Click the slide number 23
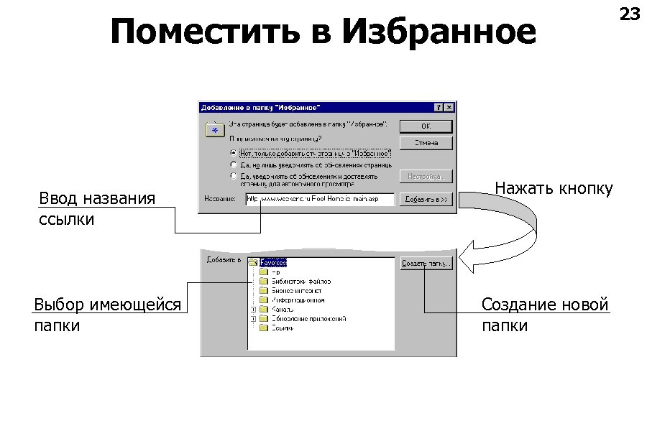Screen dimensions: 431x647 click(x=629, y=14)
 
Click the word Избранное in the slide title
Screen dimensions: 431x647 click(x=439, y=32)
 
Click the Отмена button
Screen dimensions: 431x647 click(x=426, y=143)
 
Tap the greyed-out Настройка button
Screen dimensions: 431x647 click(x=426, y=176)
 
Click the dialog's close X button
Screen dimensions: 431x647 click(x=449, y=107)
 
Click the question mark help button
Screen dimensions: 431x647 click(x=438, y=107)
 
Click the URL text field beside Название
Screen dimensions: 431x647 click(x=319, y=200)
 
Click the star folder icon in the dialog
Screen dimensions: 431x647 click(x=214, y=130)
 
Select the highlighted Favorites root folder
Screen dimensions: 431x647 click(x=273, y=263)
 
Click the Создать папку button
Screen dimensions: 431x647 click(x=426, y=264)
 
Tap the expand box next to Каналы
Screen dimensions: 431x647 click(x=253, y=310)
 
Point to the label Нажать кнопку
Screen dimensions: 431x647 click(x=554, y=189)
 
